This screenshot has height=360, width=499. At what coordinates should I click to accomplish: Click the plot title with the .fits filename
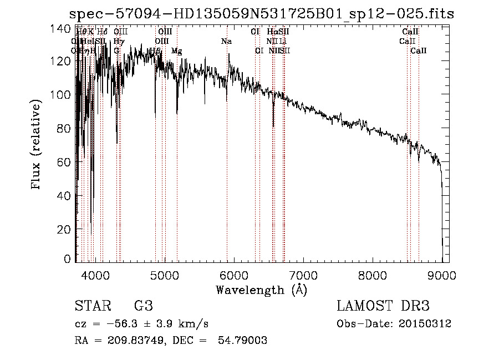point(260,14)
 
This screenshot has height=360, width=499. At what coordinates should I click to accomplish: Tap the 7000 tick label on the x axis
point(303,274)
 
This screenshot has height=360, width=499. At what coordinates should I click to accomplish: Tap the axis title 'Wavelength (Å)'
point(261,290)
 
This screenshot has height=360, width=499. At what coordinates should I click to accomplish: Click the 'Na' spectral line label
point(226,41)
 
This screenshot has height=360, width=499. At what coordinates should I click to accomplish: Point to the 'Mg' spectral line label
point(176,51)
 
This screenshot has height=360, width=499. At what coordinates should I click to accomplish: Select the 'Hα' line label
point(272,32)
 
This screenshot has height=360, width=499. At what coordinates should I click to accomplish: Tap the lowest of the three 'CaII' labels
point(419,51)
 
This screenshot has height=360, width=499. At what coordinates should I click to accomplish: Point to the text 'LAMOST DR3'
point(383,307)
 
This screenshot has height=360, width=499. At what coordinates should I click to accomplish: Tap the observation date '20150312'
point(426,324)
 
